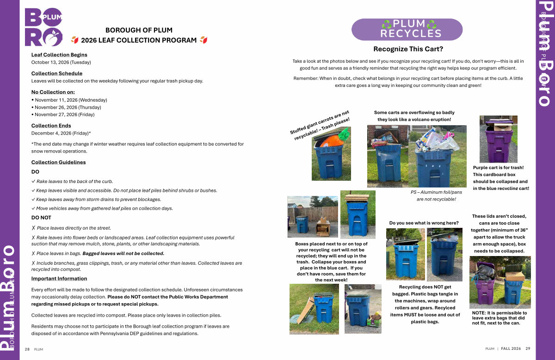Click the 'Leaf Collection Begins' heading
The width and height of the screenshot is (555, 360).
[x=59, y=55]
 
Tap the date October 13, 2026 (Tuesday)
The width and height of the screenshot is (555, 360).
[x=61, y=62]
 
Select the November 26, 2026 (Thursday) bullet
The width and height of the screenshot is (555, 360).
[x=67, y=108]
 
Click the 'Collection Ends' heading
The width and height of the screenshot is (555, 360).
[x=51, y=126]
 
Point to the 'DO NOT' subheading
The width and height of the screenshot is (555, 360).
[x=41, y=218]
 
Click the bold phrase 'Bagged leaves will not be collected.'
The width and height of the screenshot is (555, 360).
[x=123, y=254]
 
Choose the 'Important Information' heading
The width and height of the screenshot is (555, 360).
[x=59, y=279]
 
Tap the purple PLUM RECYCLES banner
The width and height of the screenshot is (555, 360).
[x=407, y=30]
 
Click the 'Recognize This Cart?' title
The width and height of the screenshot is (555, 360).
[x=408, y=49]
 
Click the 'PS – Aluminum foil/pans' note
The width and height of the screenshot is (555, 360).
[x=436, y=192]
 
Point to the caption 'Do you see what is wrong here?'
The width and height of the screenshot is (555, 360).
[x=424, y=223]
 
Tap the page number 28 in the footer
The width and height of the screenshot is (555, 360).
[x=27, y=349]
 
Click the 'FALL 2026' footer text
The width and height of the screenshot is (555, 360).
[x=511, y=348]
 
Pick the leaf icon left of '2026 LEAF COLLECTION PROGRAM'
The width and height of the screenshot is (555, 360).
[x=75, y=40]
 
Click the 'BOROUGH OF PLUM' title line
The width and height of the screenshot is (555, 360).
[x=139, y=30]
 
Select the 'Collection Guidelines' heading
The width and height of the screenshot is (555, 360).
[x=58, y=162]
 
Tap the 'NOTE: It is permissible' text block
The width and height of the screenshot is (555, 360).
[x=499, y=318]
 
